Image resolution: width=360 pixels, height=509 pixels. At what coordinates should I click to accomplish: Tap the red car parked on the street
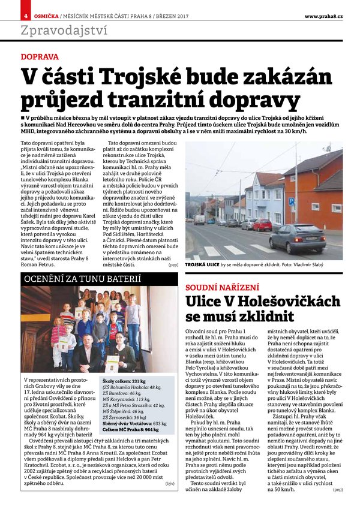coord(262,225)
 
